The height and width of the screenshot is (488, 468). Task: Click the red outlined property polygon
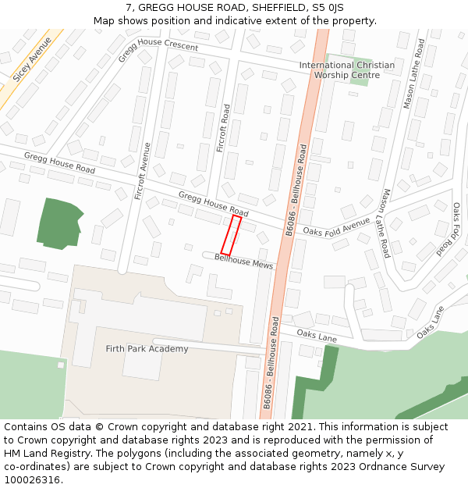231,234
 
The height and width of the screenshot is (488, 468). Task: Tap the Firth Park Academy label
147,349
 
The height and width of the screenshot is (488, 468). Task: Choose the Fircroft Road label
222,128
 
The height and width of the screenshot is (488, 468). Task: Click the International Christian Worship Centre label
347,70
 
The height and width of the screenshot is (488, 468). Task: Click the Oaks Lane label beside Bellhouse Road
317,338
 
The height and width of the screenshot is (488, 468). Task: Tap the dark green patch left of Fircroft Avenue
60,223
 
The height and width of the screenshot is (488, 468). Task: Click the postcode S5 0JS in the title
327,7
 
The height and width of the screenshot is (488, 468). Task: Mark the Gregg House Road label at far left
59,163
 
